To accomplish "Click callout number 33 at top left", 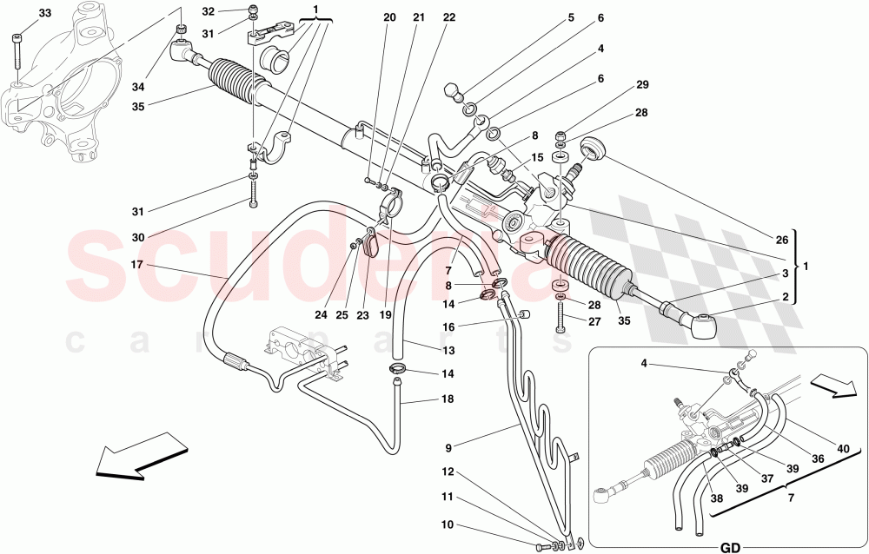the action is click(45, 13).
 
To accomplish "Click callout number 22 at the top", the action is click(448, 17).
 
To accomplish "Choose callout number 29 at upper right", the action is click(642, 85).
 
